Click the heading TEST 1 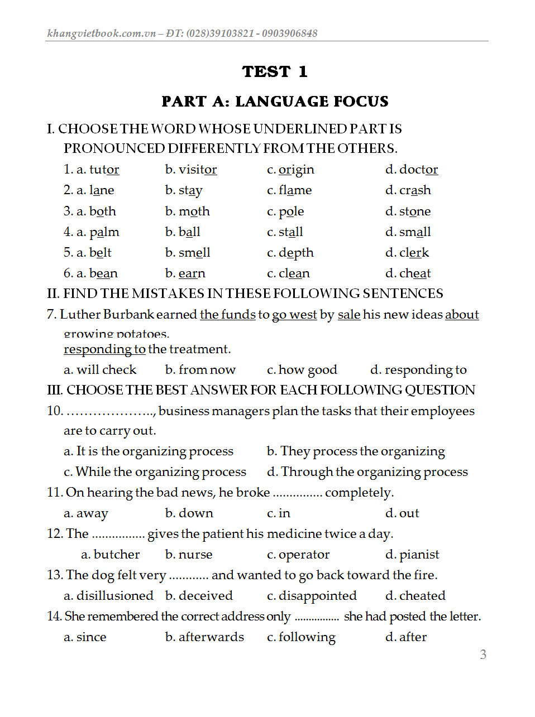tap(274, 71)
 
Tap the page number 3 tap(483, 655)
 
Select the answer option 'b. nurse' tap(189, 555)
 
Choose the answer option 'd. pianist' tap(412, 555)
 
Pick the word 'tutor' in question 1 tap(104, 170)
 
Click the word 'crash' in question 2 tap(415, 190)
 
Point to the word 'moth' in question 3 tap(194, 211)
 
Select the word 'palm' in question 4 tap(104, 232)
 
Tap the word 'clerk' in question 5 tap(414, 253)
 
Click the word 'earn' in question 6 tap(192, 273)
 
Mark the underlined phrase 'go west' tap(294, 315)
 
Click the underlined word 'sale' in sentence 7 tap(348, 315)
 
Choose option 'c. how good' tap(302, 370)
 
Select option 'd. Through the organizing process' tap(367, 472)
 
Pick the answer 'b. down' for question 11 tap(189, 513)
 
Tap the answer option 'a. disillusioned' tap(108, 596)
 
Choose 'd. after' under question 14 tap(406, 637)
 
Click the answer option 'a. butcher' tap(110, 555)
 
